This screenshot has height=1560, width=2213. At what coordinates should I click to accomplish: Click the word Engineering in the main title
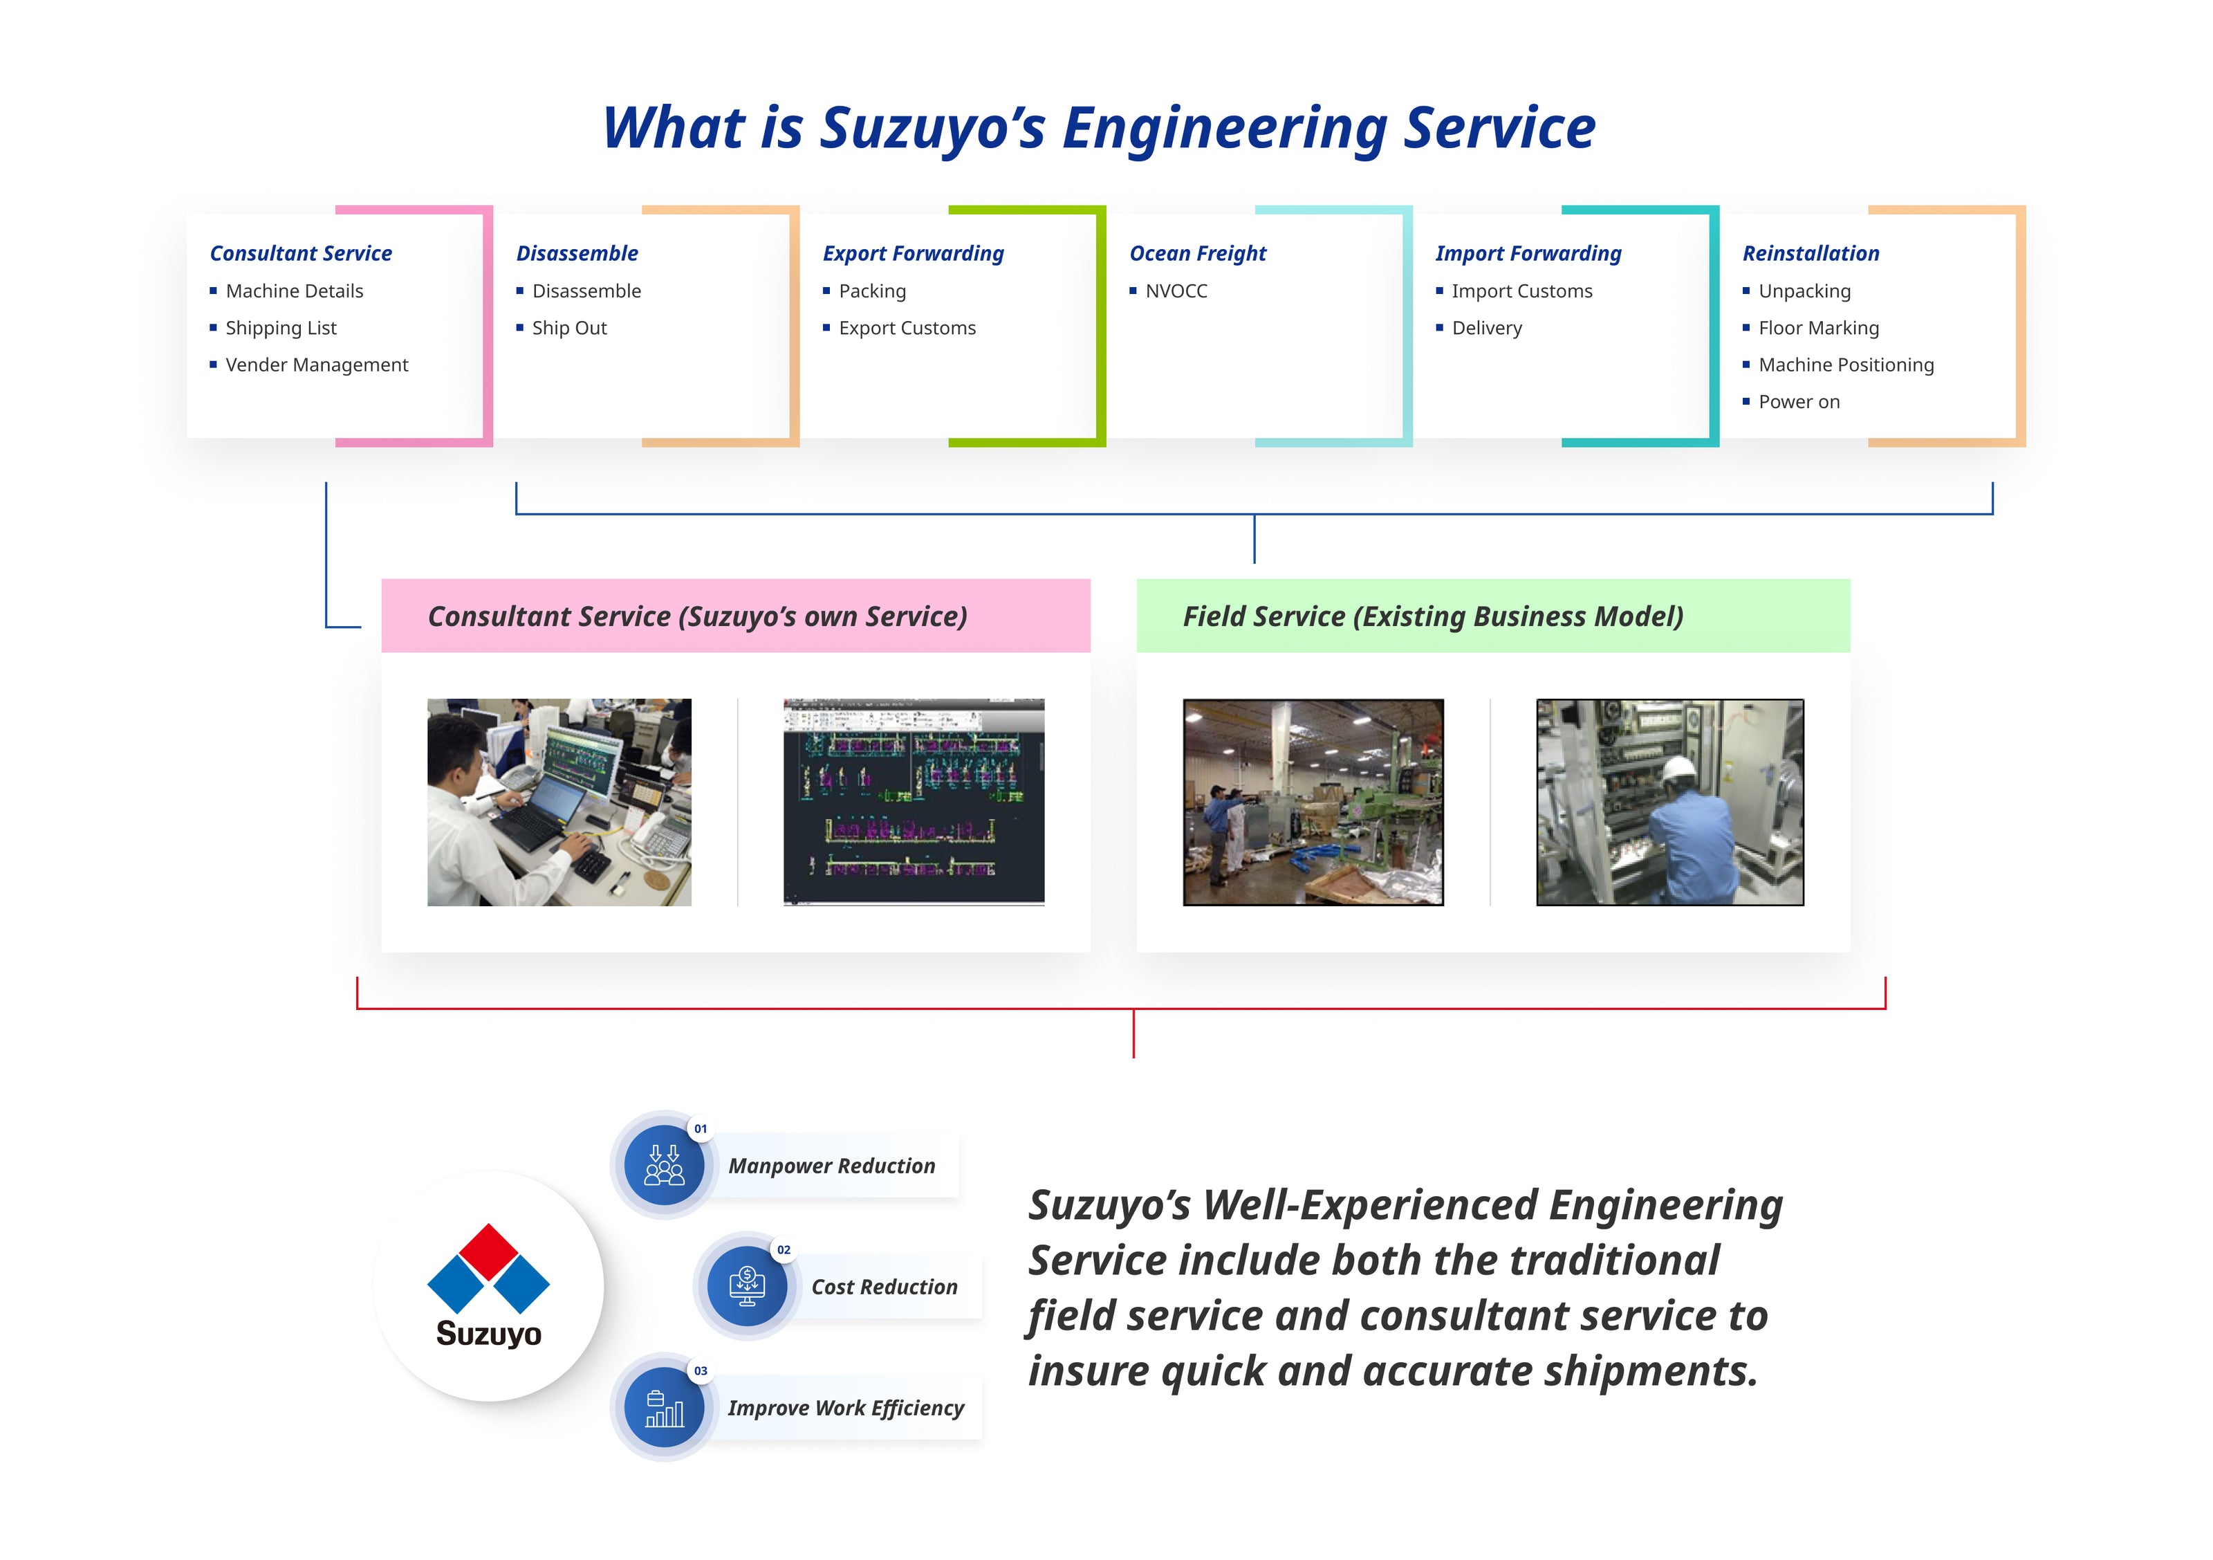coord(1224,128)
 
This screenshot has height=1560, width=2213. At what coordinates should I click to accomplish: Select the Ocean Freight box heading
coord(1197,254)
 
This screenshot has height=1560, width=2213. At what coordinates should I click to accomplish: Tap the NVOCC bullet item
coord(1175,291)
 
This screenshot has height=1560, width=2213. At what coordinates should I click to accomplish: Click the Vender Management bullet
coord(316,365)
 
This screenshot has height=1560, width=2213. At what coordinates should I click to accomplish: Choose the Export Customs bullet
coord(906,329)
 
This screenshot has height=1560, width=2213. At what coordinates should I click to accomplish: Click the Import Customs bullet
coord(1521,291)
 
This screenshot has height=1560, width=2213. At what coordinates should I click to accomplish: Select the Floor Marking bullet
coord(1818,329)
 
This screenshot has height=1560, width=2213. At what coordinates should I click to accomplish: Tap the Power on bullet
coord(1799,402)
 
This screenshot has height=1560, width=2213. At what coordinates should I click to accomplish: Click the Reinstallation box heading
coord(1810,254)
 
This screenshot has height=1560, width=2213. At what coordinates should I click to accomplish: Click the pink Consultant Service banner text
coord(697,617)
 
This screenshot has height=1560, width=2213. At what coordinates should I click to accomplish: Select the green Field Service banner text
coord(1432,617)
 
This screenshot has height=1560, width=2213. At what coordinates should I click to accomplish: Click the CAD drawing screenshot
coord(914,802)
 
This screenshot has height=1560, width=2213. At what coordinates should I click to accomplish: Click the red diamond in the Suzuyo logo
coord(489,1251)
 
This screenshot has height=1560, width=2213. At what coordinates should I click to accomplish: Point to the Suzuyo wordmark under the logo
coord(489,1334)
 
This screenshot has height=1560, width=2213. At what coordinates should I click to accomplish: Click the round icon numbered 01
coord(664,1165)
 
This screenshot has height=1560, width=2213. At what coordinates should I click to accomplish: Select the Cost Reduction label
coord(884,1287)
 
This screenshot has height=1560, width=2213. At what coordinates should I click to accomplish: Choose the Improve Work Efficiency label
coord(845,1408)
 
